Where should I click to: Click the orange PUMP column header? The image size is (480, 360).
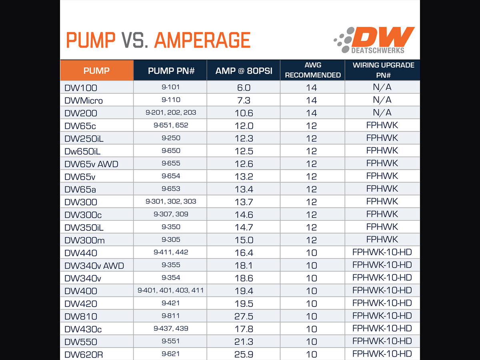coord(97,71)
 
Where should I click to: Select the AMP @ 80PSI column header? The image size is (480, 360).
coord(244,71)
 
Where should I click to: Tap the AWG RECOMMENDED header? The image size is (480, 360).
coord(313,70)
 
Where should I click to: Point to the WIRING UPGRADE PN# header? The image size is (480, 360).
coord(383,70)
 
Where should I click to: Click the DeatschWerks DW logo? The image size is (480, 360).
coord(374,40)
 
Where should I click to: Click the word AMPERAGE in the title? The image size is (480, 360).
coord(202,40)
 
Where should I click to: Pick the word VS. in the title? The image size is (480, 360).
coord(135,40)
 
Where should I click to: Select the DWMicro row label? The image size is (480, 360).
coord(83,100)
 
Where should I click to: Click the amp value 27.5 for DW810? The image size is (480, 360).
coord(244,316)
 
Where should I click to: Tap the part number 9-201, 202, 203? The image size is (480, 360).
coord(171,112)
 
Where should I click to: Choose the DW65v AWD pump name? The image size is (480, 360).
coord(91,164)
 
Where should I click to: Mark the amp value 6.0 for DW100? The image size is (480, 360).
coord(244,88)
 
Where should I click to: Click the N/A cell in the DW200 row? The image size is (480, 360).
coord(382,112)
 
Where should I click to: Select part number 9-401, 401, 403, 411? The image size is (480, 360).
coord(170,290)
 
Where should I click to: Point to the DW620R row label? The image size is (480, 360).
coord(84,354)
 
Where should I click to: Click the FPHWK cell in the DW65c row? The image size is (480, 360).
coord(382,125)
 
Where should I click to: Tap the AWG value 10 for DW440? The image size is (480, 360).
coord(311,253)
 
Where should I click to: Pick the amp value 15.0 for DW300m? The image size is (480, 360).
coord(244,240)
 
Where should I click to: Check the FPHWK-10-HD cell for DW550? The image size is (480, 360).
coord(382,341)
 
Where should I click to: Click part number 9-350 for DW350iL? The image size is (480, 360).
coord(171,227)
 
